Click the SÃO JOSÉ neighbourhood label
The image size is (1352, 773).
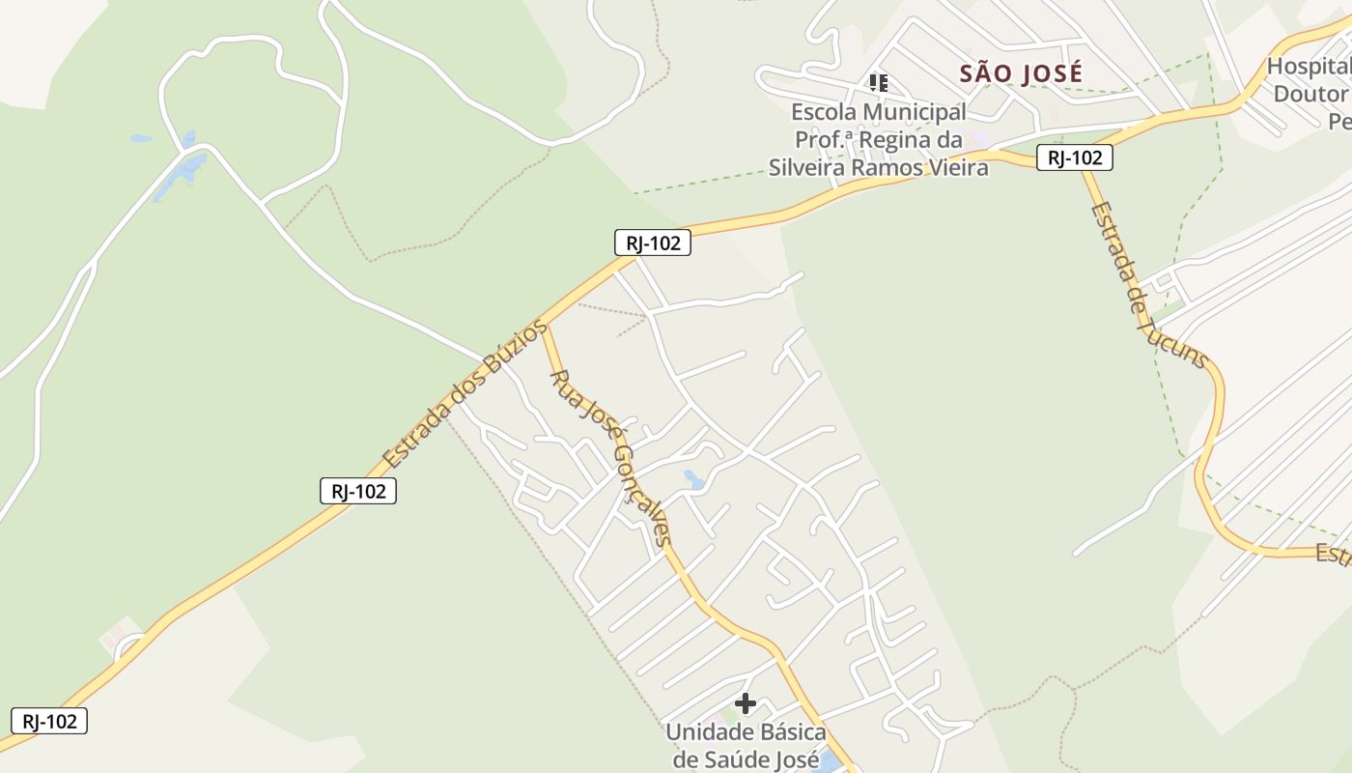[1021, 73]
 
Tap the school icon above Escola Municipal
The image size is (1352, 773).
[878, 82]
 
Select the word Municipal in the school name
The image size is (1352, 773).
[913, 112]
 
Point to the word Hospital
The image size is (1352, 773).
[1310, 67]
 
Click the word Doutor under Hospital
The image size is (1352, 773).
[1310, 94]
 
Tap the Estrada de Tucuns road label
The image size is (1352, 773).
[1148, 285]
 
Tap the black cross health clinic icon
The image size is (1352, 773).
[746, 703]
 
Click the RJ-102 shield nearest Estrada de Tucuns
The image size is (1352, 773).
[1074, 157]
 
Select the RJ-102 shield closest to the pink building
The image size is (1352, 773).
[48, 721]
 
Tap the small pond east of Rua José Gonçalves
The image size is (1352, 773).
[693, 477]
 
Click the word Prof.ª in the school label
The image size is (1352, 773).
[823, 140]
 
